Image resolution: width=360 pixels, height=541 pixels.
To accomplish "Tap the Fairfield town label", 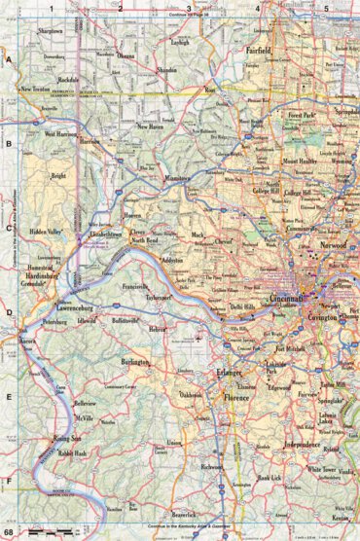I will [x=284, y=48].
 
